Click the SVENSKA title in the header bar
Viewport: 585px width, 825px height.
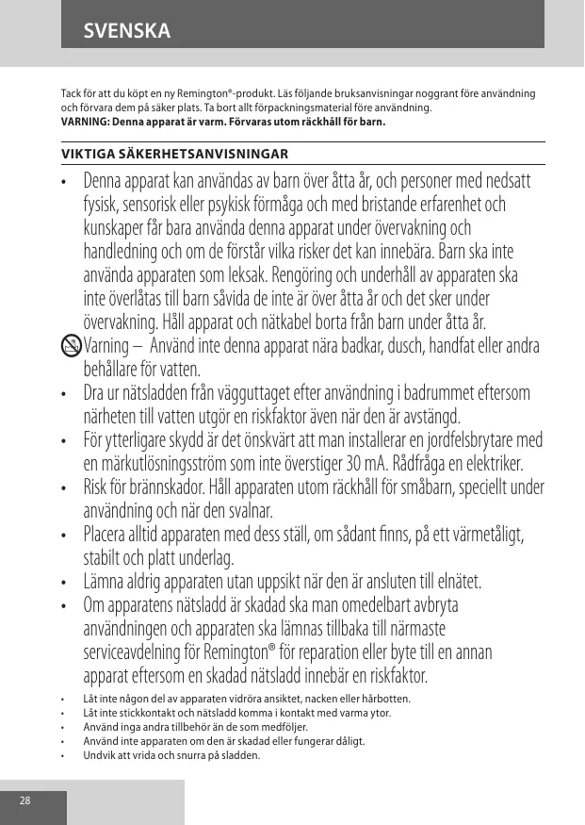coord(126,31)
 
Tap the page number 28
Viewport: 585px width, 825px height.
coord(25,800)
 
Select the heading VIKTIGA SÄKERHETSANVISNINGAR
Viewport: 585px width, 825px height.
coord(174,153)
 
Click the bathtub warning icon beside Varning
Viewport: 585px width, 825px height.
coord(71,346)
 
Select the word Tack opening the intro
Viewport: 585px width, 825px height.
coord(72,95)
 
